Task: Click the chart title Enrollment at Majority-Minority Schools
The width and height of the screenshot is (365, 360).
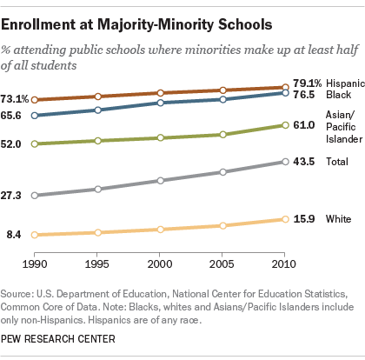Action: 136,24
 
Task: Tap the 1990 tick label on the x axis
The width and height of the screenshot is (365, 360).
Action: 35,264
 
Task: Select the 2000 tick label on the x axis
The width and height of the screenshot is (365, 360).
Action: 160,264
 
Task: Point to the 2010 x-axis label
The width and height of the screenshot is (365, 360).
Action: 283,264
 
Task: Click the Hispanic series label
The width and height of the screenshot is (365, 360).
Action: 345,83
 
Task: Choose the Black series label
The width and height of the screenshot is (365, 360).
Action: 338,95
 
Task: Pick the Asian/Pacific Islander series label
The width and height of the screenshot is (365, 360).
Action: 344,127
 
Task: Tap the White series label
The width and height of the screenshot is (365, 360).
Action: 338,219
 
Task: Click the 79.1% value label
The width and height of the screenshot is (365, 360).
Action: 307,83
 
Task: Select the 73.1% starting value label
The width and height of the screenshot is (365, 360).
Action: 15,99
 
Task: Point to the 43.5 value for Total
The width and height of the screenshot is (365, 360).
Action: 303,162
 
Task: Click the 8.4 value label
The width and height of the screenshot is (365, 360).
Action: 14,235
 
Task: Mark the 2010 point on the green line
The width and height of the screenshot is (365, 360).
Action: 285,125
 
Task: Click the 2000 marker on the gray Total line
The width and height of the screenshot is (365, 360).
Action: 160,181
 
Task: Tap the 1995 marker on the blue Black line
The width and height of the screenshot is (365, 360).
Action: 98,110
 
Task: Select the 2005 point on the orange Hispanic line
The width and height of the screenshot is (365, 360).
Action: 222,90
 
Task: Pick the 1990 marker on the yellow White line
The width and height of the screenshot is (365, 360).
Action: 35,235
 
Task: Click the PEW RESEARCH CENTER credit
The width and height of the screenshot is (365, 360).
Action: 58,339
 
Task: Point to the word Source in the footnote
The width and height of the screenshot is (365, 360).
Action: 16,294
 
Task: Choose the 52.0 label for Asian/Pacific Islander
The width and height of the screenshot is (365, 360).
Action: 11,143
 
